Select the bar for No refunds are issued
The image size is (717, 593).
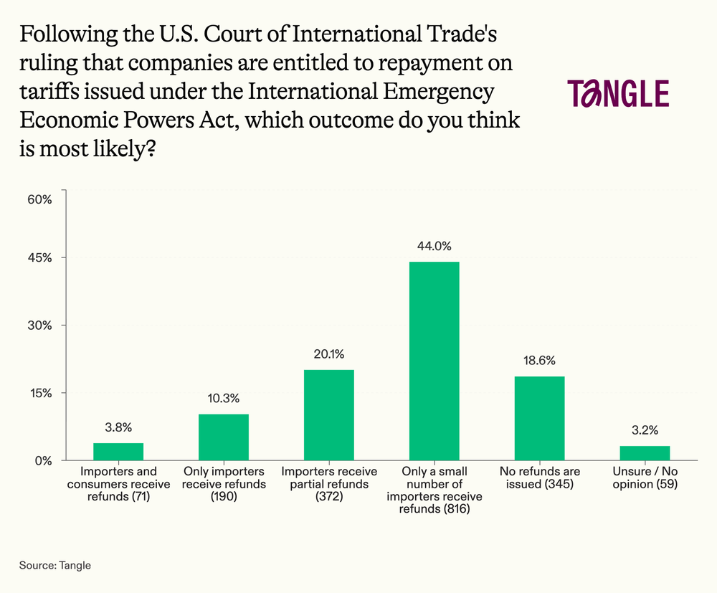click(x=539, y=418)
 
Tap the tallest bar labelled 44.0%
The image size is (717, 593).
click(x=434, y=361)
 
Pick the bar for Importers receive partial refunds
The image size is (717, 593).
click(x=328, y=414)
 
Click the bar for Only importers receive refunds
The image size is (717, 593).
click(x=224, y=437)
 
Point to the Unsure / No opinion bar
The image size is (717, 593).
click(x=645, y=452)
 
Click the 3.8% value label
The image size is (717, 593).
click(x=118, y=428)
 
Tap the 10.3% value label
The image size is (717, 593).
click(x=224, y=399)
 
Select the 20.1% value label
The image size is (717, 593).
click(x=328, y=354)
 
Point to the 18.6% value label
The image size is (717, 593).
click(x=539, y=361)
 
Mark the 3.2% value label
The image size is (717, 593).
click(x=645, y=430)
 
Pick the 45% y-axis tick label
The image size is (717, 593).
click(x=40, y=258)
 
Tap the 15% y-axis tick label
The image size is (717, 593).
click(x=40, y=393)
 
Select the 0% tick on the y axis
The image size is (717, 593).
click(x=44, y=460)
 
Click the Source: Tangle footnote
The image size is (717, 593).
click(x=55, y=565)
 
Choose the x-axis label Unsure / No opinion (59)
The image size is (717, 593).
click(x=645, y=478)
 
